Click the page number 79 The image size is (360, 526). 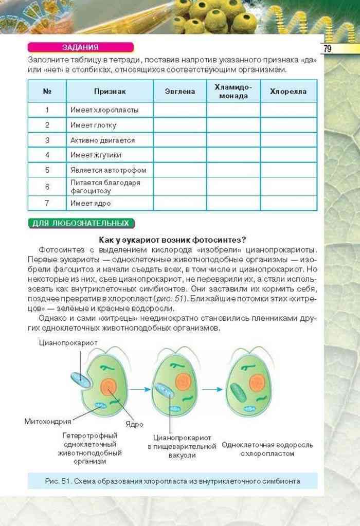[x=327, y=49]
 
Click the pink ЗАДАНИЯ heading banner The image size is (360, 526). [x=80, y=47]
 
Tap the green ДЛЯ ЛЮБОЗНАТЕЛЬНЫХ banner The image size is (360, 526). [x=81, y=223]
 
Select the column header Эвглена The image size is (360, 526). [x=180, y=92]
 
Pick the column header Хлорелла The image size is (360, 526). [x=288, y=92]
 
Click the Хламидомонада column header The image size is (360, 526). [x=233, y=92]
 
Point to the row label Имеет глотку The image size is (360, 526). [x=93, y=125]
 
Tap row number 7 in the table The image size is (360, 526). [x=47, y=203]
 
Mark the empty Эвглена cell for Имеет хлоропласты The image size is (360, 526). [x=180, y=110]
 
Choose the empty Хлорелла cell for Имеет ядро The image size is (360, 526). [x=288, y=203]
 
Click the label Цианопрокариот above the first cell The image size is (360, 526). [x=67, y=342]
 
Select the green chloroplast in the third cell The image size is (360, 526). [x=238, y=392]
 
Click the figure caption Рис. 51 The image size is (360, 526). [x=172, y=481]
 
